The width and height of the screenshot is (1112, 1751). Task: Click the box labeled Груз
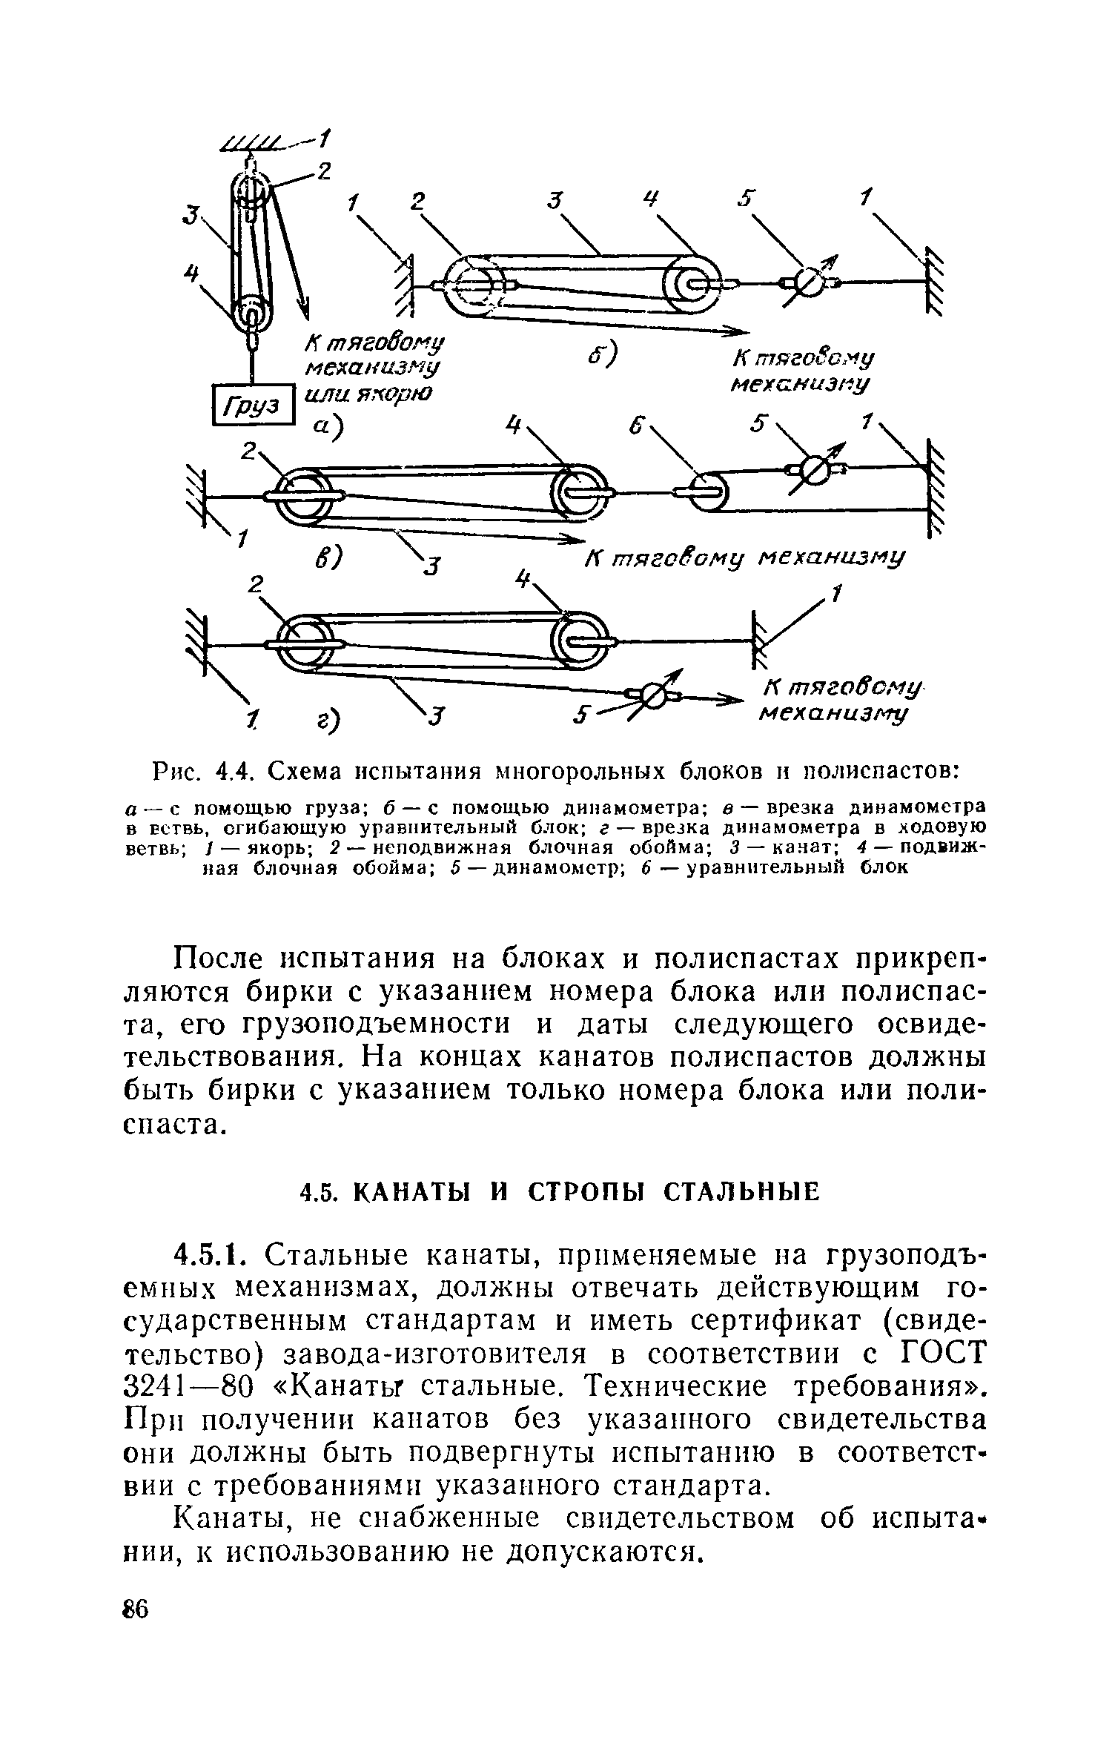[x=254, y=405]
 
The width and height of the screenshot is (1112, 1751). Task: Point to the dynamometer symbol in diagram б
[x=809, y=282]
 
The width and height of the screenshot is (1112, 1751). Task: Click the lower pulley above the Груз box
[x=251, y=313]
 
